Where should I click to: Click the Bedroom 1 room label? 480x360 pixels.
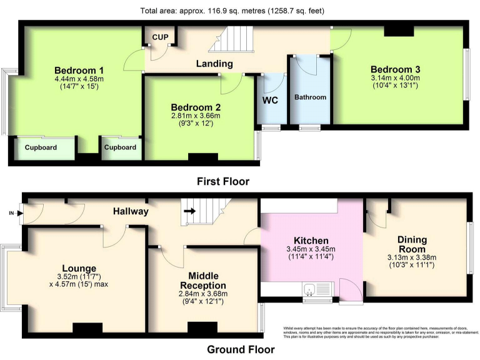[79, 69]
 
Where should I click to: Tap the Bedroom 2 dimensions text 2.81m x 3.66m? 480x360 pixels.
[196, 116]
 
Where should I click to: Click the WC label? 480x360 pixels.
[270, 99]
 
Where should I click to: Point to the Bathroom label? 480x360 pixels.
[310, 97]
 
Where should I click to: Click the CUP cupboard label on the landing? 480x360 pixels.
[161, 37]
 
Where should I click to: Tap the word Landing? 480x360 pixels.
[214, 64]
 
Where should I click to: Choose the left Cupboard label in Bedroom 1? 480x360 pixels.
[41, 147]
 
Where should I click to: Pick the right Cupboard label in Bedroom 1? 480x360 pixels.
[120, 147]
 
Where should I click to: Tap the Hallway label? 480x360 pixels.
[131, 212]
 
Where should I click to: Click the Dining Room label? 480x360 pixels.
[412, 244]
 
